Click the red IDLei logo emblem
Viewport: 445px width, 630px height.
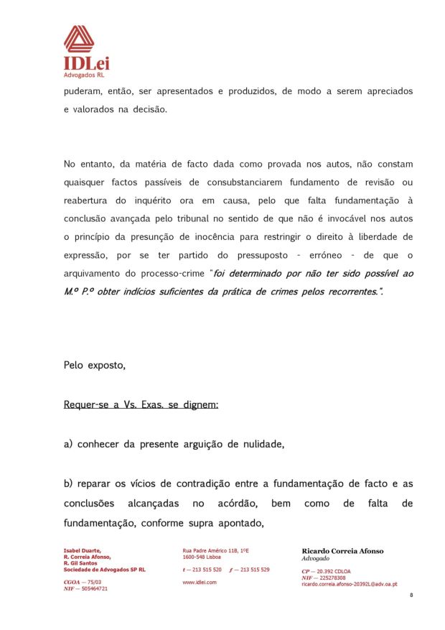(79, 40)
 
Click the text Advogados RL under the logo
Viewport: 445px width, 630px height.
(84, 74)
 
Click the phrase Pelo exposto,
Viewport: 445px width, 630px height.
(95, 365)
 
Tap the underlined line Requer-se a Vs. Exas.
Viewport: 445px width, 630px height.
(141, 405)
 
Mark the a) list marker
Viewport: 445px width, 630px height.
(69, 444)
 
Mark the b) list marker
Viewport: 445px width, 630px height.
(69, 484)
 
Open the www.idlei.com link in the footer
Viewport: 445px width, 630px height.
(200, 582)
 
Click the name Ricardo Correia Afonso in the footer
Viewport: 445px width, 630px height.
(342, 551)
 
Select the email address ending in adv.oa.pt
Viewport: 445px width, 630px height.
(350, 584)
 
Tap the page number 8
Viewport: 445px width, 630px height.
(411, 596)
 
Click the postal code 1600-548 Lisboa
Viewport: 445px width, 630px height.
(202, 557)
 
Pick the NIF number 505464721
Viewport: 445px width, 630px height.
(93, 588)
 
